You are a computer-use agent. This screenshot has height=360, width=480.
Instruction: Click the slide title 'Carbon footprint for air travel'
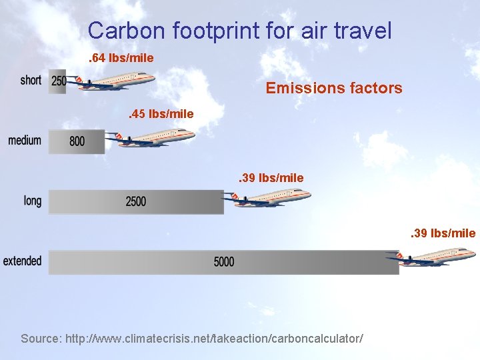(x=239, y=30)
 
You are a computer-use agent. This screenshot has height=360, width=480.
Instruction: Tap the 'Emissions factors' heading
(x=334, y=87)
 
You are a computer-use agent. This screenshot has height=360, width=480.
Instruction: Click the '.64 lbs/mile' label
(x=121, y=58)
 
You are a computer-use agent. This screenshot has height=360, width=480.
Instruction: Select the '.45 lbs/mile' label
(x=161, y=114)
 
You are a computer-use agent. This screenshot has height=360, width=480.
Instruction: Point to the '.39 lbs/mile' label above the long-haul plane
(x=271, y=178)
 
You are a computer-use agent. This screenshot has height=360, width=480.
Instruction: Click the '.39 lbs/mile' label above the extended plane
(x=443, y=233)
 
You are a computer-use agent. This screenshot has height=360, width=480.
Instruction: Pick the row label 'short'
(x=31, y=81)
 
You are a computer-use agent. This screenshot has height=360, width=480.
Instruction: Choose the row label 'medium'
(x=25, y=141)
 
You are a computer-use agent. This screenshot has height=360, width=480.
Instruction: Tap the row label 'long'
(x=32, y=201)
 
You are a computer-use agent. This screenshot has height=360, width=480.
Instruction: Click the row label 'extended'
(x=22, y=261)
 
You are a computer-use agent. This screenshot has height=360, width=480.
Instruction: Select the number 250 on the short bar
(x=59, y=81)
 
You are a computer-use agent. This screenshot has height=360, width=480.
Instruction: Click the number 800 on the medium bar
(x=77, y=141)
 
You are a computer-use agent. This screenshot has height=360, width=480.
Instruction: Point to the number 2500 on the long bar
(x=135, y=201)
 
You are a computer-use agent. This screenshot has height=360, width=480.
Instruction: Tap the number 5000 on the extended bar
(x=224, y=261)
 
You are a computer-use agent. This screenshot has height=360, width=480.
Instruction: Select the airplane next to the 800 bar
(x=154, y=138)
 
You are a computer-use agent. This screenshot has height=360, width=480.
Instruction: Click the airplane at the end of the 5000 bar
(x=435, y=256)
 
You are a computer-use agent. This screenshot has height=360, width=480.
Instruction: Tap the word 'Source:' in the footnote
(x=41, y=339)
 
